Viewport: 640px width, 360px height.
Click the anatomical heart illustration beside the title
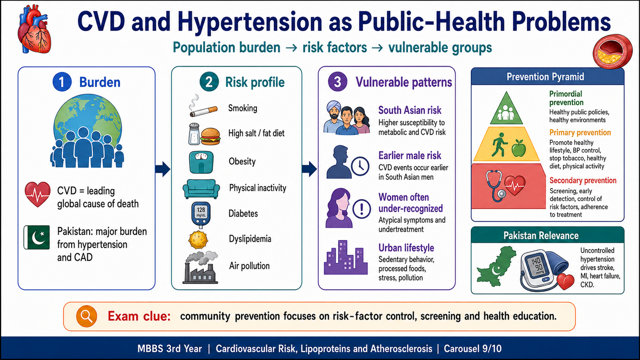[x=34, y=30]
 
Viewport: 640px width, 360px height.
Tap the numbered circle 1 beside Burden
[x=62, y=82]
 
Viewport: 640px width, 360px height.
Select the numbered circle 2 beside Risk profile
[x=209, y=82]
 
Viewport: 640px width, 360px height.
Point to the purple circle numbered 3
[x=338, y=82]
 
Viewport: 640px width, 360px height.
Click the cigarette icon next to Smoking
[x=203, y=106]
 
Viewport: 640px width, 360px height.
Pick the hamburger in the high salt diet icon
[x=210, y=136]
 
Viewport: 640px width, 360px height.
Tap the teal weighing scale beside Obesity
[x=201, y=162]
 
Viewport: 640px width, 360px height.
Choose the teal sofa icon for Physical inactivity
[x=202, y=188]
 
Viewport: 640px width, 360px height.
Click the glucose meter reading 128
[x=201, y=215]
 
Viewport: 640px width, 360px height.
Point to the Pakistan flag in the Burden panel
[x=36, y=237]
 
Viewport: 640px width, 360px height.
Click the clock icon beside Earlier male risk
[x=360, y=166]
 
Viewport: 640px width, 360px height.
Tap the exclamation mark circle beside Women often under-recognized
[x=362, y=208]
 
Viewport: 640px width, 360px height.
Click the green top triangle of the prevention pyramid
[x=506, y=108]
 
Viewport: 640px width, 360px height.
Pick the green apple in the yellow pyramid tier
[x=518, y=148]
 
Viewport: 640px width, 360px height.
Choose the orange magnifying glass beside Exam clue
[x=86, y=316]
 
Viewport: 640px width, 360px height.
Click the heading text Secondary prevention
[x=583, y=180]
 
